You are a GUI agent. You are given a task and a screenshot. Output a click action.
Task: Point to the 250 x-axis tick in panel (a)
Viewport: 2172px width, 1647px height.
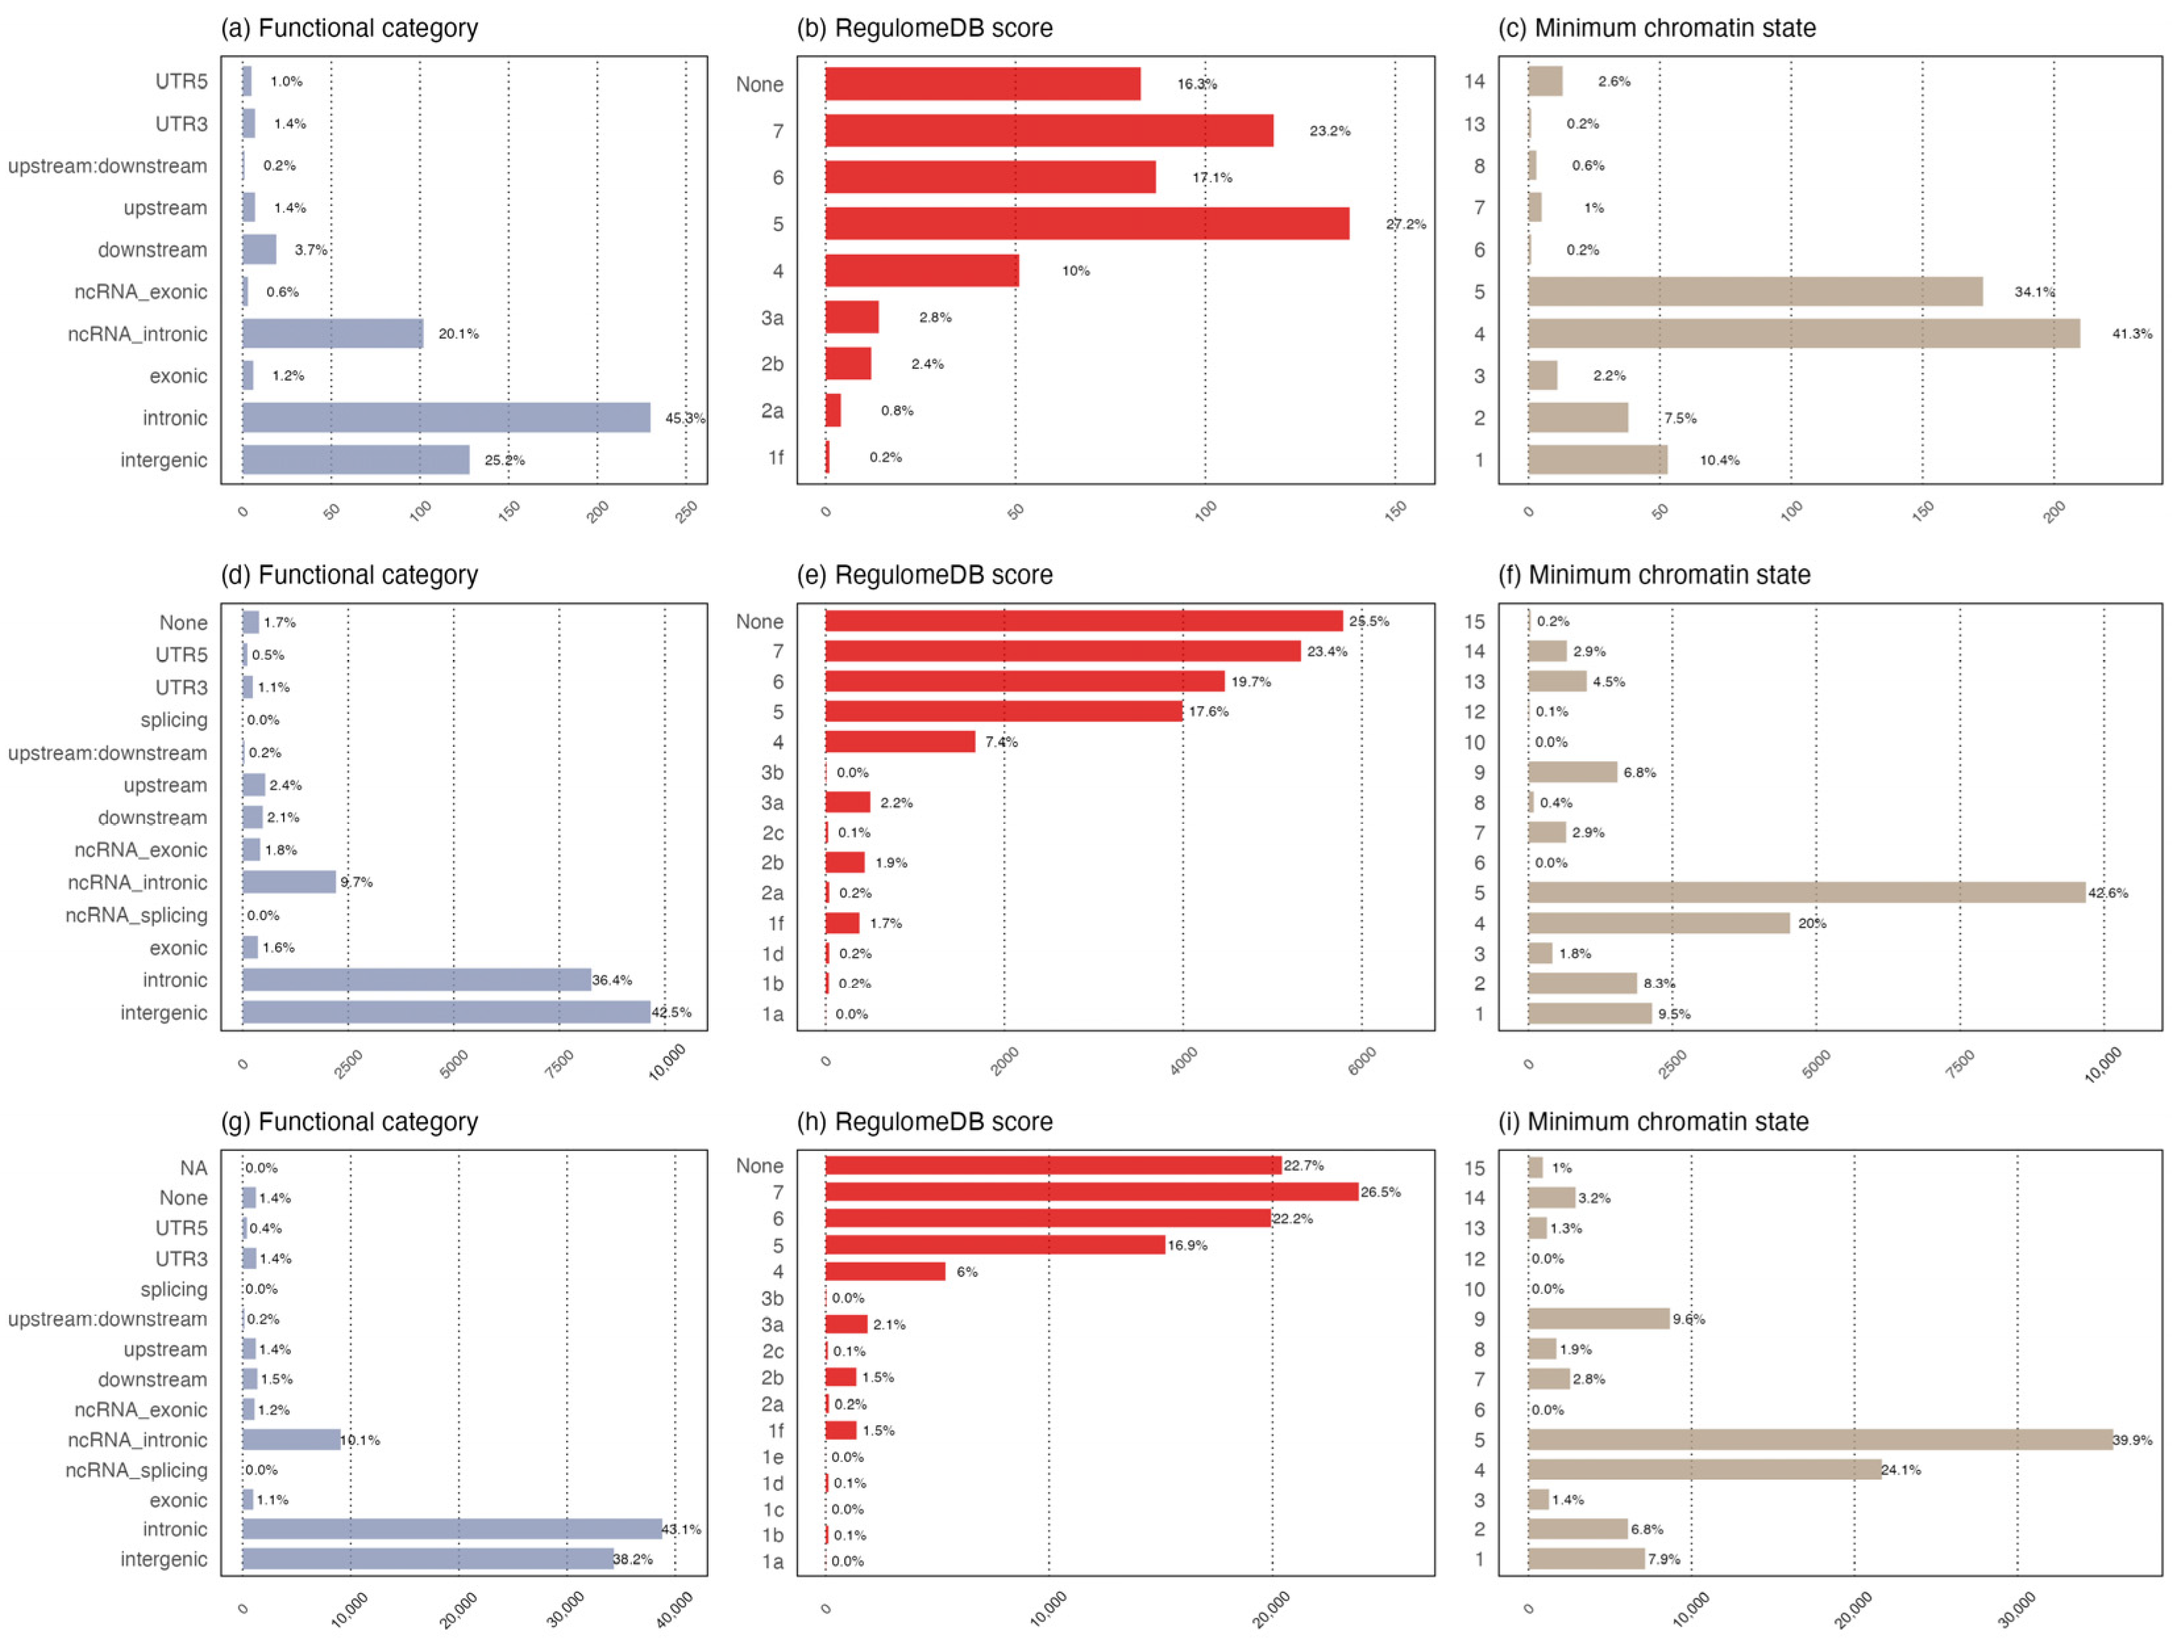[686, 512]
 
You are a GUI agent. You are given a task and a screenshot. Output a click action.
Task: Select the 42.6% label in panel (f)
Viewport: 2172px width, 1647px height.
[2107, 893]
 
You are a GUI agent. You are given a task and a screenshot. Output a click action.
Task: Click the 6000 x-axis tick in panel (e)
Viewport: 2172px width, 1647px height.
[1362, 1061]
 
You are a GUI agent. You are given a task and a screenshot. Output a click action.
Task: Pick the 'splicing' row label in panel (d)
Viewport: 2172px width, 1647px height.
[174, 720]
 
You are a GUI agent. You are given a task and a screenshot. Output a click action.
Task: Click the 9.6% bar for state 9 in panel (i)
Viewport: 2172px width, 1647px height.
[1598, 1319]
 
